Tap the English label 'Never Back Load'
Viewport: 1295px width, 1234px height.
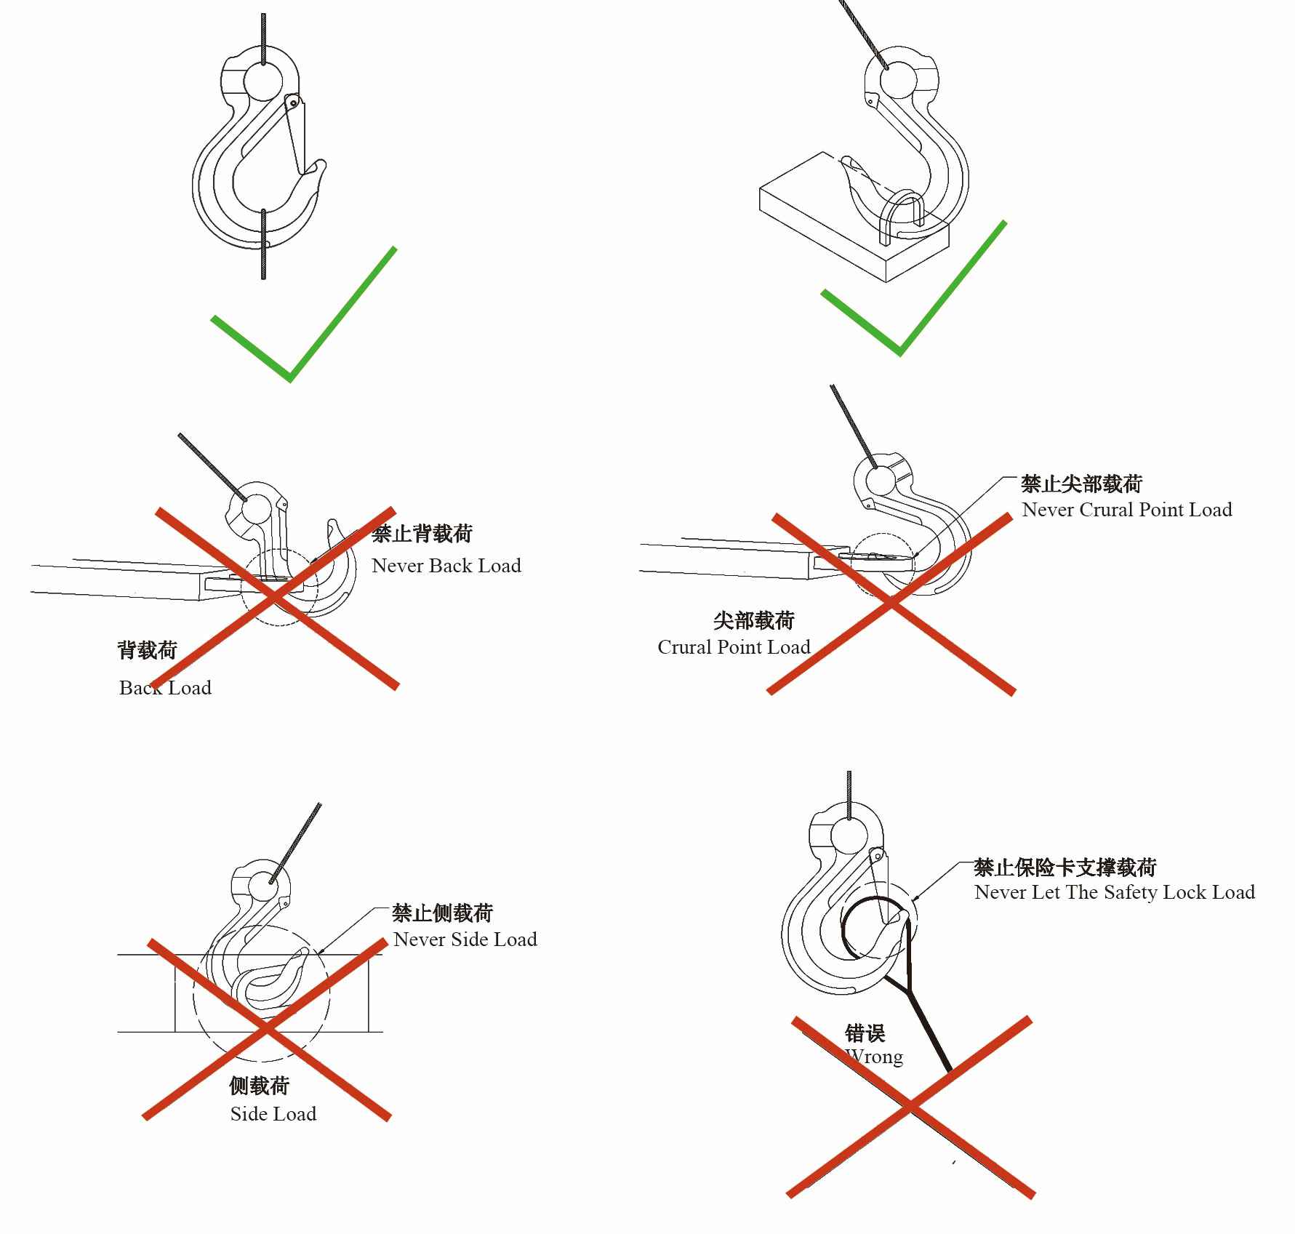(x=446, y=566)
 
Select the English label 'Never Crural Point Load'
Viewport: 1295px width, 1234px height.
(x=1126, y=510)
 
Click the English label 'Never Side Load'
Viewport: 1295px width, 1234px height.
(x=465, y=939)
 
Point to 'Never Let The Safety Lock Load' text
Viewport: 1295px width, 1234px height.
(x=1115, y=892)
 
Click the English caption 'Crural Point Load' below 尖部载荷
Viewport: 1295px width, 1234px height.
(x=734, y=647)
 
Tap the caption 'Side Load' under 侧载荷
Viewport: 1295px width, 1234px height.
(x=273, y=1114)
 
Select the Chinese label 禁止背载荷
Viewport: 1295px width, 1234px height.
(x=422, y=534)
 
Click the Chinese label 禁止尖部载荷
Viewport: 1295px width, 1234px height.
(x=1081, y=484)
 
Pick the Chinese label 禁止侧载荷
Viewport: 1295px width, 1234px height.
(x=442, y=913)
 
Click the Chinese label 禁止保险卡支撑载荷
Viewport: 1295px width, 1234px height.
(x=1065, y=867)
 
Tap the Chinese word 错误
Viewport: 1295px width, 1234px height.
(x=865, y=1033)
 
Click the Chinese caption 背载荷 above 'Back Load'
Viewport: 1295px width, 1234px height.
(x=148, y=650)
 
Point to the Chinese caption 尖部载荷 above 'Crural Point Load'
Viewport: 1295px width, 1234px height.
(x=753, y=620)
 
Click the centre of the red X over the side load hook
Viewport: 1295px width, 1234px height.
(x=267, y=1029)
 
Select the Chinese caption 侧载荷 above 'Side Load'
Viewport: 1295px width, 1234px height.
(x=260, y=1086)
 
